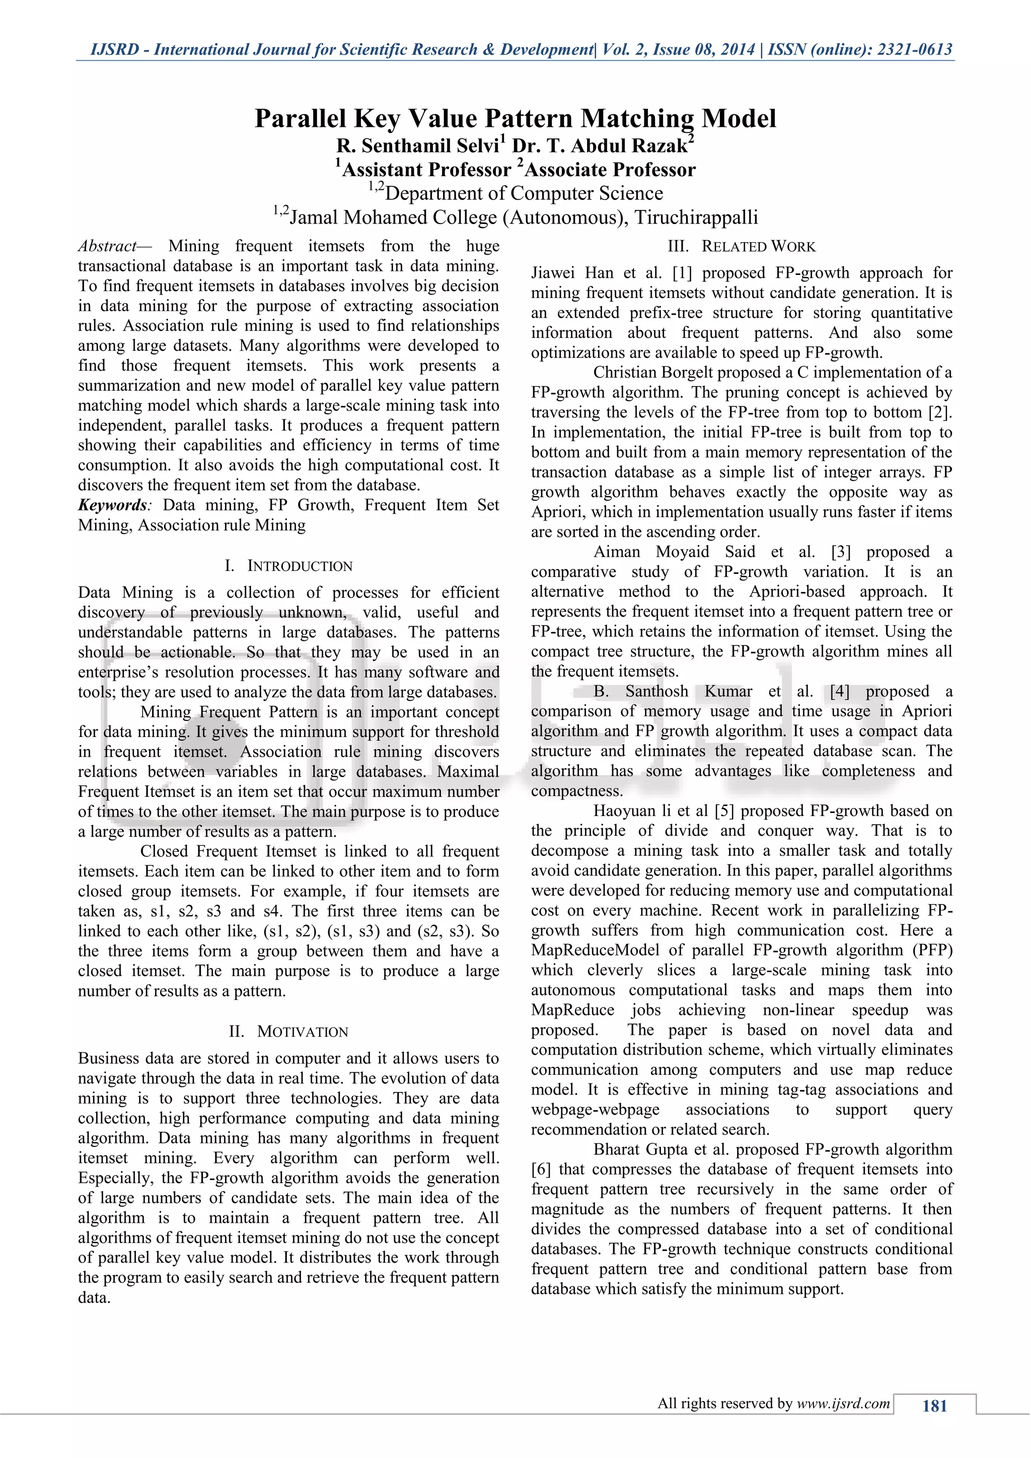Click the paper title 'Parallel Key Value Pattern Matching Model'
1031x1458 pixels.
[x=515, y=119]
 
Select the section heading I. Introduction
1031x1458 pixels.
[x=288, y=566]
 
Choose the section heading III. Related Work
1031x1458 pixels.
[x=741, y=246]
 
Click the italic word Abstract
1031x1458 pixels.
[x=107, y=246]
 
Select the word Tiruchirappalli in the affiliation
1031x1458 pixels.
[x=696, y=218]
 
